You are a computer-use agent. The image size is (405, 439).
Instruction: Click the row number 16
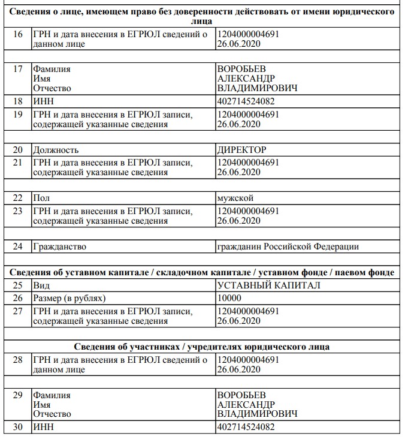point(17,34)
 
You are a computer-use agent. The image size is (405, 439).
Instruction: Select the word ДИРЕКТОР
point(241,150)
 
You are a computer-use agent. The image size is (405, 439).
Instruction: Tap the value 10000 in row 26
point(229,297)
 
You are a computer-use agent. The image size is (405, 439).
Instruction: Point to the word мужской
point(235,198)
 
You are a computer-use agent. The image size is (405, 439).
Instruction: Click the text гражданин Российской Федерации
point(288,246)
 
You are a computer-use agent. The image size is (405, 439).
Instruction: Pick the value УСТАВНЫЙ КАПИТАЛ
point(268,285)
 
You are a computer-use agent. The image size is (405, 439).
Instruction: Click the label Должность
point(56,150)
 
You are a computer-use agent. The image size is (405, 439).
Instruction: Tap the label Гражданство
point(60,246)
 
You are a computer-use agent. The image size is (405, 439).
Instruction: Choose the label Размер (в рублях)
point(69,297)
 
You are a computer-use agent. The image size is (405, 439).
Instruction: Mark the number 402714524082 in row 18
point(246,101)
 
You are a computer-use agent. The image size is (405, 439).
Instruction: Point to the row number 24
point(17,246)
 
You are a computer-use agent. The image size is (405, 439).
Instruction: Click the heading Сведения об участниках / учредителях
point(202,347)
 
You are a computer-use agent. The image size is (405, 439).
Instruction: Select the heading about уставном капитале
point(202,273)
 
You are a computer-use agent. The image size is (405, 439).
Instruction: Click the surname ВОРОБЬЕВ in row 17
point(241,69)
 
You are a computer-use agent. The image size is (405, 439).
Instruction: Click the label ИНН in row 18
point(43,101)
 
